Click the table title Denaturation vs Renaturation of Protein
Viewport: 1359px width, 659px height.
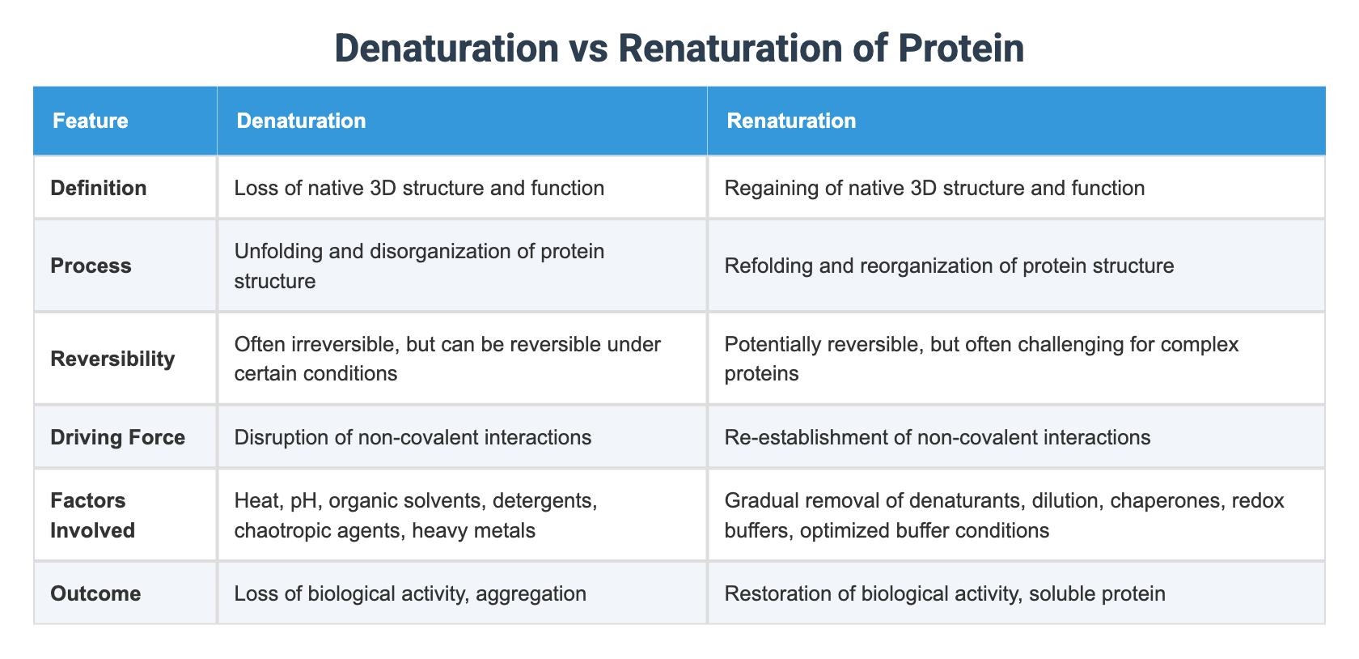click(x=679, y=49)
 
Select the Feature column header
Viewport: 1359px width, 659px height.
click(x=90, y=121)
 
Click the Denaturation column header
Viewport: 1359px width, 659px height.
click(x=301, y=121)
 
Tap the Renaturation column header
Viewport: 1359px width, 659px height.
click(x=791, y=121)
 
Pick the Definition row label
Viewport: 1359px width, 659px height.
click(x=99, y=189)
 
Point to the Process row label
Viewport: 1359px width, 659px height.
click(x=91, y=266)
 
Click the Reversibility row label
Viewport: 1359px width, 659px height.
click(x=112, y=359)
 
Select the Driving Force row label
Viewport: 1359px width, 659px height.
click(x=117, y=438)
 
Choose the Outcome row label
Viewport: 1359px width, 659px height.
click(x=95, y=593)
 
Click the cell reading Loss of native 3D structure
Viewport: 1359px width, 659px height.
click(x=419, y=189)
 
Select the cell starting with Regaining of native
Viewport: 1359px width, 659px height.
click(x=934, y=189)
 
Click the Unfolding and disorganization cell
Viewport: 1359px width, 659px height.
click(x=419, y=266)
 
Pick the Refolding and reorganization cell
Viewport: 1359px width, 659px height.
click(x=949, y=266)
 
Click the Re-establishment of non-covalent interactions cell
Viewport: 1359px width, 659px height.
click(x=938, y=438)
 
